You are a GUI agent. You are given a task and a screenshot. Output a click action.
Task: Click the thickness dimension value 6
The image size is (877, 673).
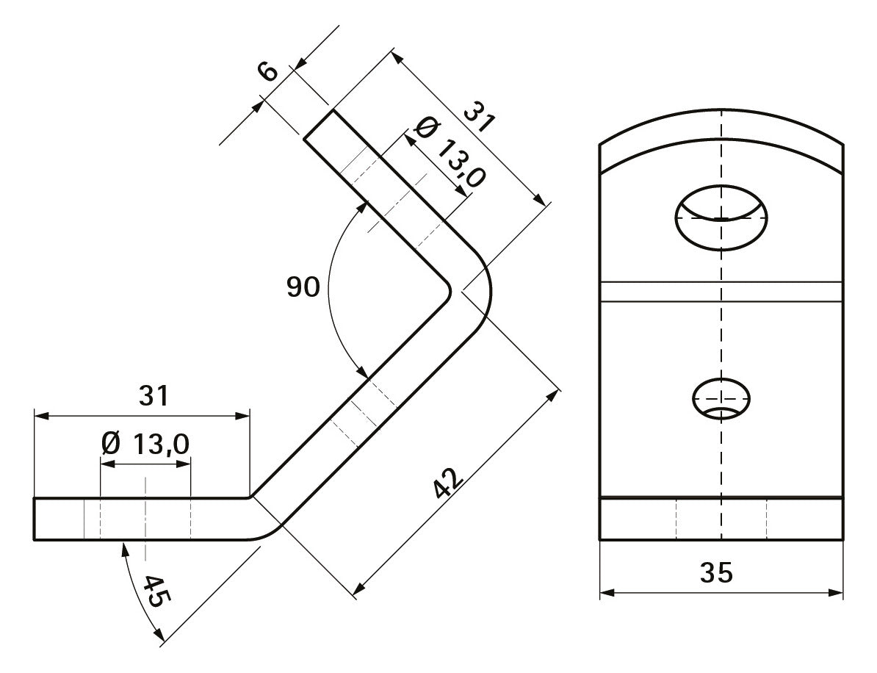coord(268,71)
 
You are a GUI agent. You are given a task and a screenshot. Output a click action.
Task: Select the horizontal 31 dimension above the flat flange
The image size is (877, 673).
coord(154,396)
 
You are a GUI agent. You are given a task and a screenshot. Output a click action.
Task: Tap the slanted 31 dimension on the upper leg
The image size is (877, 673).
coord(480,116)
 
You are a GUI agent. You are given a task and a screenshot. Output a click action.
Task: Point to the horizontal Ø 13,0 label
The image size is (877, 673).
coord(145,445)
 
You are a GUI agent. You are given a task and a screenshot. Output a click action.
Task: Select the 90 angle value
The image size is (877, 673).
coord(303,287)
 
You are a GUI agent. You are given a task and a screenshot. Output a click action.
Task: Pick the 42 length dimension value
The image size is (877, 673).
coord(449,482)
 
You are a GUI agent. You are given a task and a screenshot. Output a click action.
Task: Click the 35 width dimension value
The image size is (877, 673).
coord(716,573)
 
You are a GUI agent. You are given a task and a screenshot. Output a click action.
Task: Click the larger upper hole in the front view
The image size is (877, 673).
coord(721,217)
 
